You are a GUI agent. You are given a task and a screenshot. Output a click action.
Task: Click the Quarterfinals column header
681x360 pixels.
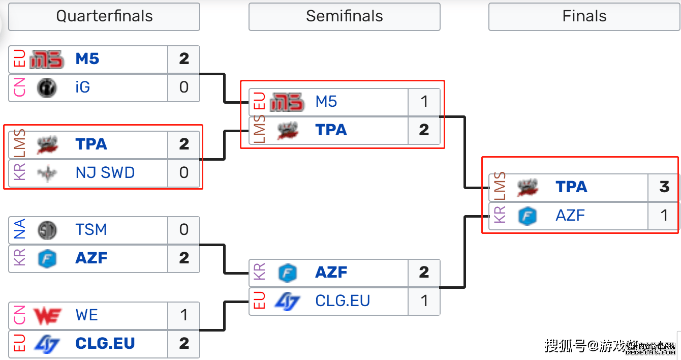pyautogui.click(x=104, y=16)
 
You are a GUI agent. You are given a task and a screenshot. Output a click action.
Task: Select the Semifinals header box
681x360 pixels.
pyautogui.click(x=344, y=16)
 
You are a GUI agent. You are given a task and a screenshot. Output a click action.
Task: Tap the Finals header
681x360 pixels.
pyautogui.click(x=584, y=16)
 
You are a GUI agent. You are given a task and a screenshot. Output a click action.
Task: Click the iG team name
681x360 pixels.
pyautogui.click(x=82, y=87)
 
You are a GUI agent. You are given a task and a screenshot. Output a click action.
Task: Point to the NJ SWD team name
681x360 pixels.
pyautogui.click(x=105, y=173)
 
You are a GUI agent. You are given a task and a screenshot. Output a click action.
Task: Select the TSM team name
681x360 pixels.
pyautogui.click(x=91, y=230)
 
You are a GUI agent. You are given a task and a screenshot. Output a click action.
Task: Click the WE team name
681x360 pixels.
pyautogui.click(x=86, y=315)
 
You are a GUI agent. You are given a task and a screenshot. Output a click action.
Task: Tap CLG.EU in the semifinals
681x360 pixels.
pyautogui.click(x=343, y=301)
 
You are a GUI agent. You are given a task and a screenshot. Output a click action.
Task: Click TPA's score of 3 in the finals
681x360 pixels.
pyautogui.click(x=664, y=187)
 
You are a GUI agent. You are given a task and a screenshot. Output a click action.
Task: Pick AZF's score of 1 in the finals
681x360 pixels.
pyautogui.click(x=664, y=216)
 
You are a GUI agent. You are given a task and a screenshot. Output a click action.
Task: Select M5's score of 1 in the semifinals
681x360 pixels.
pyautogui.click(x=424, y=102)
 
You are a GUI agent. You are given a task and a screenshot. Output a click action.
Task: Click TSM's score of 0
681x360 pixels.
pyautogui.click(x=184, y=230)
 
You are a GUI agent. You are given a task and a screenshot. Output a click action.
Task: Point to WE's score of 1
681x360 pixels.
pyautogui.click(x=184, y=315)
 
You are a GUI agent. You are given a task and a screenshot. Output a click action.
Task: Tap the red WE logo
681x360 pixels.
pyautogui.click(x=47, y=316)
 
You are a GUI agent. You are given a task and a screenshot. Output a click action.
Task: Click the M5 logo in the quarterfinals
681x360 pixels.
pyautogui.click(x=47, y=59)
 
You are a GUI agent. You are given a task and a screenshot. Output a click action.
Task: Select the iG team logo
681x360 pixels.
pyautogui.click(x=47, y=87)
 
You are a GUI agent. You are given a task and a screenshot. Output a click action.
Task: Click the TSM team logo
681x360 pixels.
pyautogui.click(x=47, y=230)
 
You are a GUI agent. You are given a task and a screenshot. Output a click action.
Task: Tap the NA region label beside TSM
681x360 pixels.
pyautogui.click(x=19, y=230)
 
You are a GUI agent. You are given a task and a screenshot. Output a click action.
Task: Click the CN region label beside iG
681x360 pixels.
pyautogui.click(x=19, y=87)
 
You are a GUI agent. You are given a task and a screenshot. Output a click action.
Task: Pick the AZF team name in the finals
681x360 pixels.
pyautogui.click(x=570, y=216)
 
